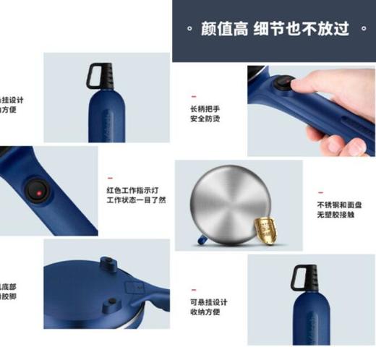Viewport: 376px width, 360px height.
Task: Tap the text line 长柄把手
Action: (205, 108)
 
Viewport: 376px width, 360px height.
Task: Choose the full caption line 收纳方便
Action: (205, 312)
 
